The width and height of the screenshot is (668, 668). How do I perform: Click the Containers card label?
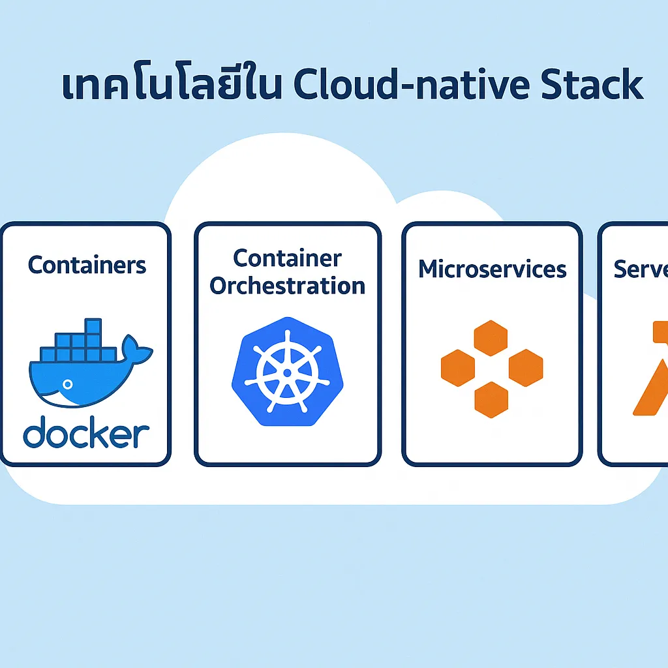87,265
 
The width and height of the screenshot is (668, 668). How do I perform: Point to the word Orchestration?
287,286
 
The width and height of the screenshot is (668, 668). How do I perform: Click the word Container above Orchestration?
287,258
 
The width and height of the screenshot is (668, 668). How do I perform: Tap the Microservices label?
492,269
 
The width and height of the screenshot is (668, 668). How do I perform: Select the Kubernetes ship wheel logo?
284,372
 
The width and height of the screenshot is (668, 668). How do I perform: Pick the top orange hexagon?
491,338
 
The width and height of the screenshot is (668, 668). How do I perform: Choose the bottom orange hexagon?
491,399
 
